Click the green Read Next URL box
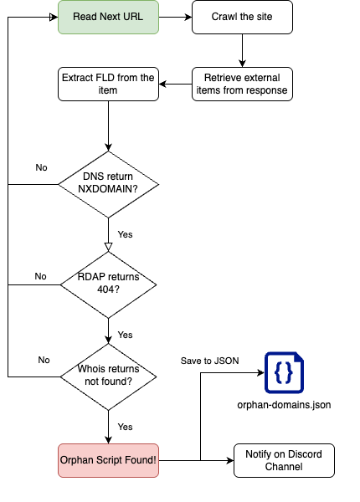point(108,17)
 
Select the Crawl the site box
point(242,17)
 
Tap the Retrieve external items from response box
point(242,85)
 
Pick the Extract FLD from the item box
point(108,85)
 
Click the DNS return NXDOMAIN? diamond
point(108,184)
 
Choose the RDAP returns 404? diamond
point(108,285)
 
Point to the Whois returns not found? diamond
point(108,376)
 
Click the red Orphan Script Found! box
point(108,460)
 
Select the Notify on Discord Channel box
point(284,460)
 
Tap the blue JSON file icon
point(284,372)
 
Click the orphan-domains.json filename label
point(284,405)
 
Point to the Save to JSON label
point(210,361)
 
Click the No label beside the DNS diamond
point(41,167)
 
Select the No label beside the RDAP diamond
point(41,276)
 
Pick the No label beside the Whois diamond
point(44,360)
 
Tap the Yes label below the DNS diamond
point(125,234)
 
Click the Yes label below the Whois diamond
point(125,427)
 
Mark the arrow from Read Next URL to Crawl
point(175,17)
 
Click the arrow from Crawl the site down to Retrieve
point(242,50)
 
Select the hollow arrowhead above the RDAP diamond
point(108,247)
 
